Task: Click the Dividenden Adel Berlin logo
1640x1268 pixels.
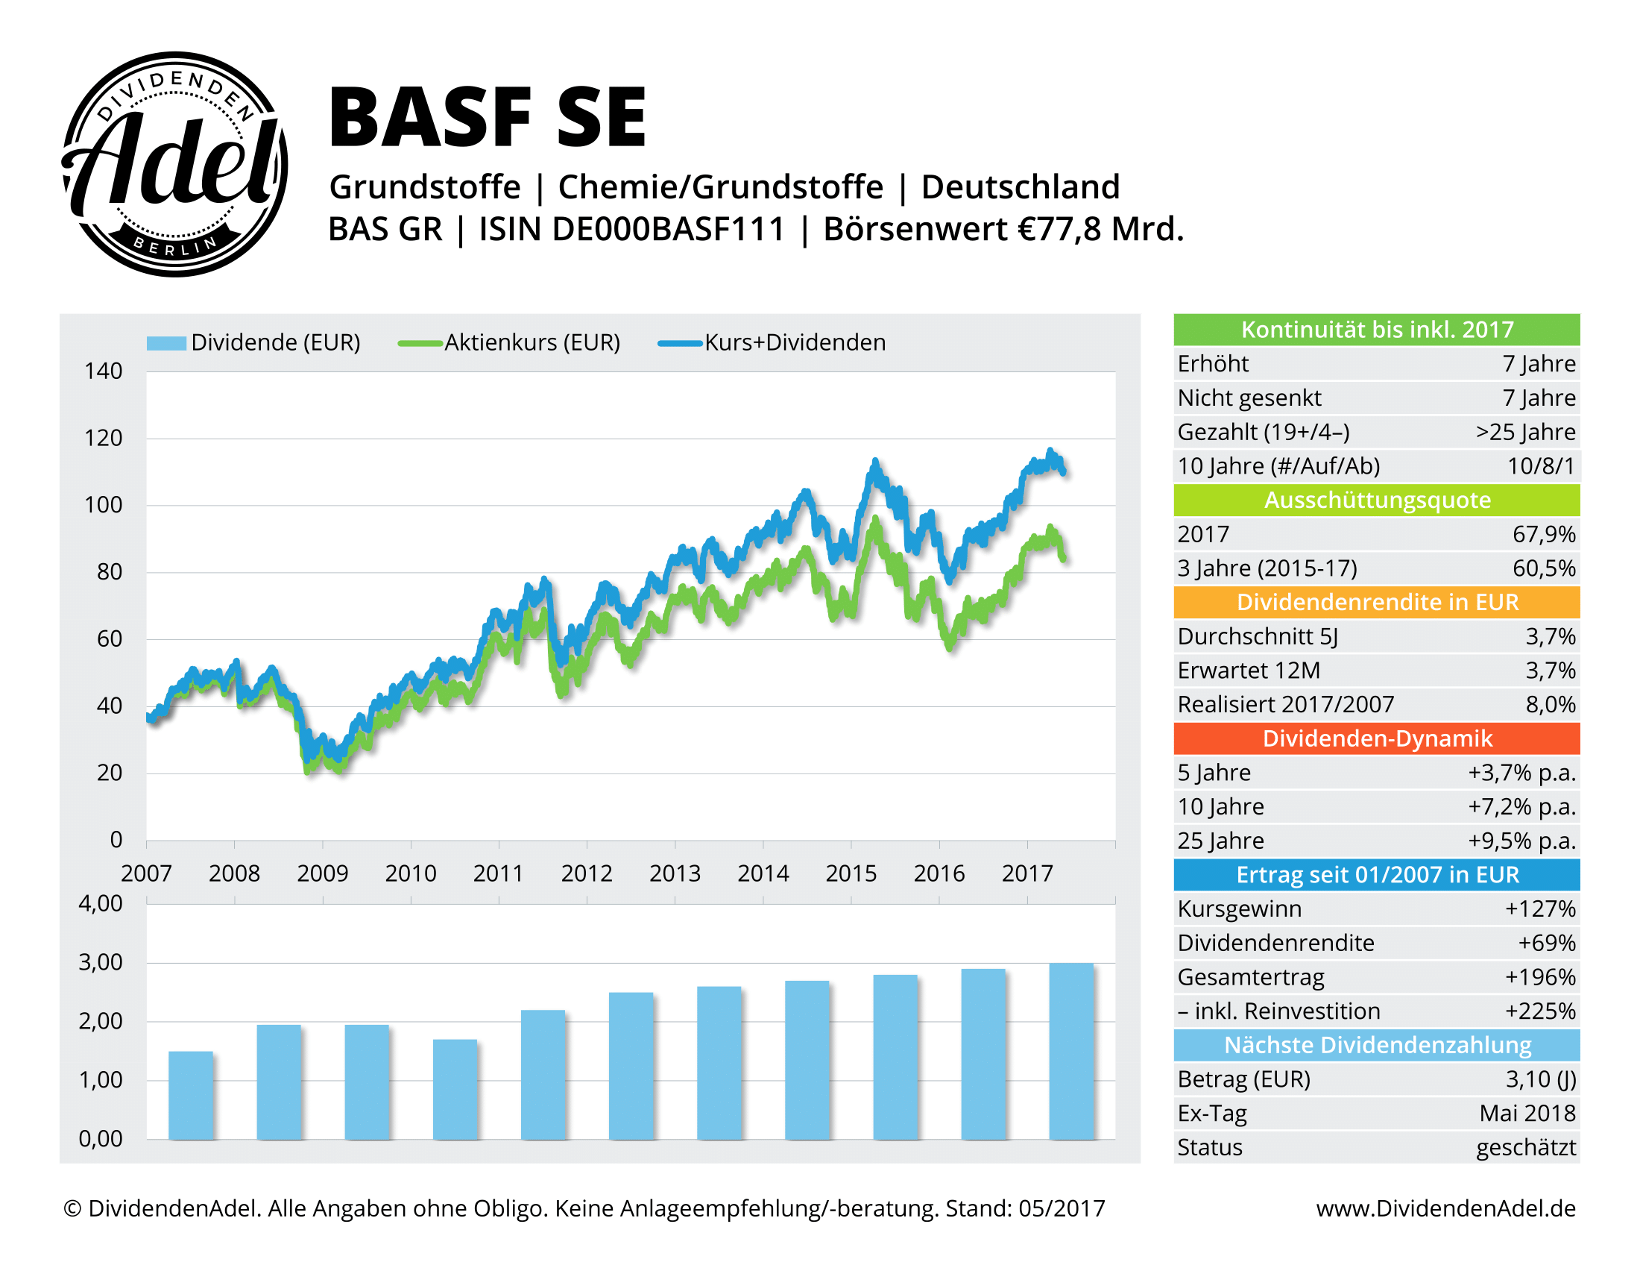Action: [x=174, y=164]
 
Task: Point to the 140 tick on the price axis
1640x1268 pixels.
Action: [x=104, y=371]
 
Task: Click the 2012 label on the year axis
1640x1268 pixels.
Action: [x=587, y=873]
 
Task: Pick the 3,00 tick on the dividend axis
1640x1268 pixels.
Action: [x=101, y=962]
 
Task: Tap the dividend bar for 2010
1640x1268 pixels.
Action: [x=455, y=1088]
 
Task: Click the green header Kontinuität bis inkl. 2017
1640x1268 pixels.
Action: [x=1376, y=330]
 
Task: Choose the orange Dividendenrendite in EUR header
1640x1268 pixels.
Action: [x=1376, y=603]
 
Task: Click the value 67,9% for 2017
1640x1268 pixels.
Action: [x=1543, y=534]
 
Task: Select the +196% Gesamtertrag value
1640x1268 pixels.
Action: [x=1539, y=976]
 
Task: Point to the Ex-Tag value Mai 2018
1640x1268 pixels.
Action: [x=1527, y=1114]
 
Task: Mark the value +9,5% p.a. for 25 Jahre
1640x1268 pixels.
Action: [x=1521, y=841]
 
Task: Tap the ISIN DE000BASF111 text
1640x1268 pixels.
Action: [x=631, y=229]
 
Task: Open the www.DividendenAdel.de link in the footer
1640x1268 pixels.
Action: [x=1445, y=1208]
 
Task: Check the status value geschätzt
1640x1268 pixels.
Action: [x=1525, y=1147]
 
